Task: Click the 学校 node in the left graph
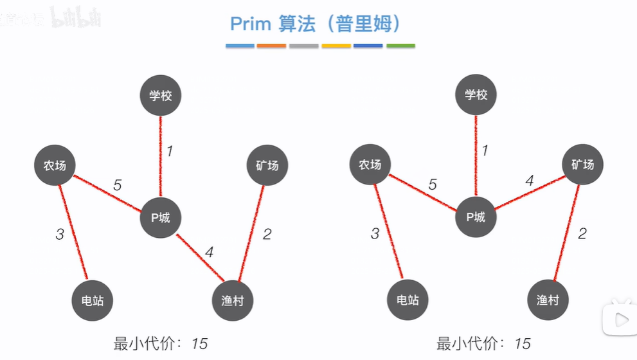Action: coord(161,96)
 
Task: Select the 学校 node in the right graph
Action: coord(476,95)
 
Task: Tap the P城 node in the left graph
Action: coord(161,217)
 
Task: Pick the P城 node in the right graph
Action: coord(476,217)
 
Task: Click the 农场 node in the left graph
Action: coord(55,165)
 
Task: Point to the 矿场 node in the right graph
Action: coord(582,165)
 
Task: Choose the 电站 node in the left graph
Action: coord(93,300)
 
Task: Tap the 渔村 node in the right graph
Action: coord(548,300)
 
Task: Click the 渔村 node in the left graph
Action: coord(232,300)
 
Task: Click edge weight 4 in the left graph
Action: coord(209,252)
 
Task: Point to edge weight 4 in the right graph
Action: coord(529,181)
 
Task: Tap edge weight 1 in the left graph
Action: coord(170,152)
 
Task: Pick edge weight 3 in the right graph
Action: coord(375,233)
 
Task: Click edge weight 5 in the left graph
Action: coord(117,185)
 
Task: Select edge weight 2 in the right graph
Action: coord(582,233)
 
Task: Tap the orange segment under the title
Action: coord(271,46)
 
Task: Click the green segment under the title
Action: coord(400,46)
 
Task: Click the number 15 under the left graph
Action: coord(199,343)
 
